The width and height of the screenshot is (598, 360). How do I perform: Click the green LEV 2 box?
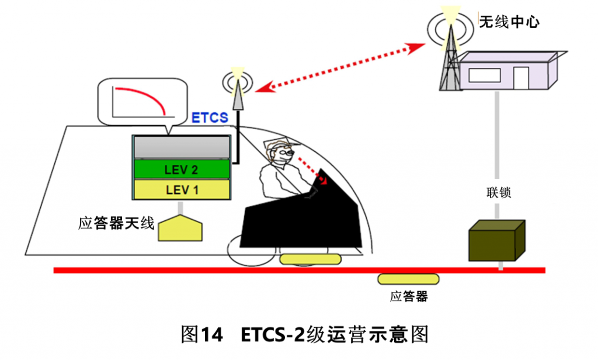tap(182, 170)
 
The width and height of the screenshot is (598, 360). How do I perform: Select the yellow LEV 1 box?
tap(182, 190)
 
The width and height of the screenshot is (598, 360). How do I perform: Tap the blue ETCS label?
tap(210, 117)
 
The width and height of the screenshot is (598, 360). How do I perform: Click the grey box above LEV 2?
tap(182, 148)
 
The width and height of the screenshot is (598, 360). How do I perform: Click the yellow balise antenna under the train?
tap(180, 227)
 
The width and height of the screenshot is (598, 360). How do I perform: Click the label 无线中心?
tap(509, 22)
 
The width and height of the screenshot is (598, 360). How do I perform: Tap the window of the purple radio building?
tap(485, 74)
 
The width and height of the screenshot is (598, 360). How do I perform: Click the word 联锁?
tap(498, 192)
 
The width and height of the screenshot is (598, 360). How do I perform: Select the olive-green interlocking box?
tap(497, 240)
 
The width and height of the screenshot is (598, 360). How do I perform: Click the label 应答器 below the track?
tap(409, 297)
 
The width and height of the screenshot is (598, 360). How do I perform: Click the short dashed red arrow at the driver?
tap(313, 169)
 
